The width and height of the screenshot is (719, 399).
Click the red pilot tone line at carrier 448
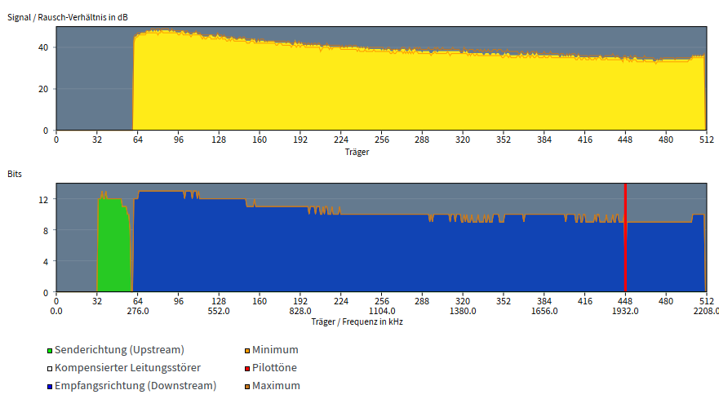[x=625, y=237]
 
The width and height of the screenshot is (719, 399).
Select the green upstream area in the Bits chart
[x=113, y=248]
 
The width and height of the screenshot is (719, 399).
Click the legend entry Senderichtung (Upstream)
[x=116, y=350]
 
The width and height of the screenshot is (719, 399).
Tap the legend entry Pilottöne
[x=270, y=368]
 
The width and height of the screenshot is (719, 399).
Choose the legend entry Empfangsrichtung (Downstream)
[x=131, y=386]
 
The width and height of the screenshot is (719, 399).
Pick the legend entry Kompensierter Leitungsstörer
[x=124, y=368]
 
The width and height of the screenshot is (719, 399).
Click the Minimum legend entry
[x=272, y=350]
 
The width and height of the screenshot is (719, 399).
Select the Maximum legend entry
[x=273, y=386]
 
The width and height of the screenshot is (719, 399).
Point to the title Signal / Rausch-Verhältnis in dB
[x=68, y=17]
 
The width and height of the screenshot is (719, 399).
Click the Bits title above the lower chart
[x=15, y=174]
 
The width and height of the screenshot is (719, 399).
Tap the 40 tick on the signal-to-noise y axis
[x=43, y=47]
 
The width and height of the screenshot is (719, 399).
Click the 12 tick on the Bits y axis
[x=43, y=199]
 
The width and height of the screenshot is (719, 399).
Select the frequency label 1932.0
[x=625, y=311]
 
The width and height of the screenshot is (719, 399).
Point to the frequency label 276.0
[x=138, y=311]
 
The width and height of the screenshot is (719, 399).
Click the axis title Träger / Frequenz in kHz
[x=357, y=322]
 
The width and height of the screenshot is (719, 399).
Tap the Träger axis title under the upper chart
[x=357, y=152]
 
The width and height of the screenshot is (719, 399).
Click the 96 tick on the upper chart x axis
[x=179, y=140]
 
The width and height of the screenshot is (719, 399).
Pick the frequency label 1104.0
[x=381, y=311]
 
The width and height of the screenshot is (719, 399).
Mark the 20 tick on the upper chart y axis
[x=43, y=89]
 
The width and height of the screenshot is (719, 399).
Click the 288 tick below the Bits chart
[x=422, y=301]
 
